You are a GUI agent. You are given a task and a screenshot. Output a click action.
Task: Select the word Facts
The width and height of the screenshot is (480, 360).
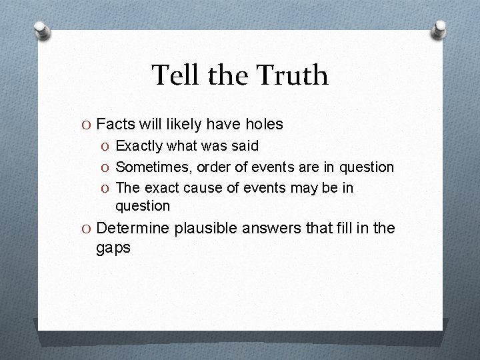pos(115,124)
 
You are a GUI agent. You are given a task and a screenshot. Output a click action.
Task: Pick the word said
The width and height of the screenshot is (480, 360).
pos(245,145)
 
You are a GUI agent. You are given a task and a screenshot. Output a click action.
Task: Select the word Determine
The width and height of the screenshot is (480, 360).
pos(133,228)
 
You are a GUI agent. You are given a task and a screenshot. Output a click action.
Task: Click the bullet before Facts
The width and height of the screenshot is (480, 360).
pos(87,125)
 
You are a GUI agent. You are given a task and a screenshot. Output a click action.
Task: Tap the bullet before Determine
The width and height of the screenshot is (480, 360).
pos(87,229)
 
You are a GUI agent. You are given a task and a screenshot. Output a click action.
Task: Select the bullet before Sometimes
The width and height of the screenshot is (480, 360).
pos(107,167)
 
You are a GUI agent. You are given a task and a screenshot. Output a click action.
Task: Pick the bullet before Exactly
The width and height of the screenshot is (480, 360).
pos(107,146)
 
